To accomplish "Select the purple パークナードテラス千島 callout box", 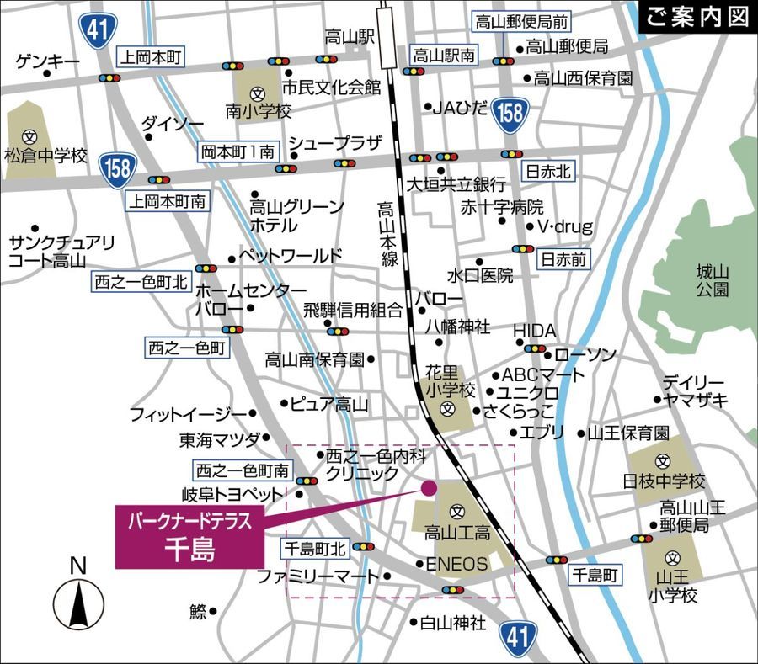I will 189,537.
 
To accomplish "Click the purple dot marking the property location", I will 429,486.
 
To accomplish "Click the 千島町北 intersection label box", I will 313,549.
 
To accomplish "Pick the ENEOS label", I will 456,564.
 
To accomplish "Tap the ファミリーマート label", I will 318,576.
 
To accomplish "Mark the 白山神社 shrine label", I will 453,624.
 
